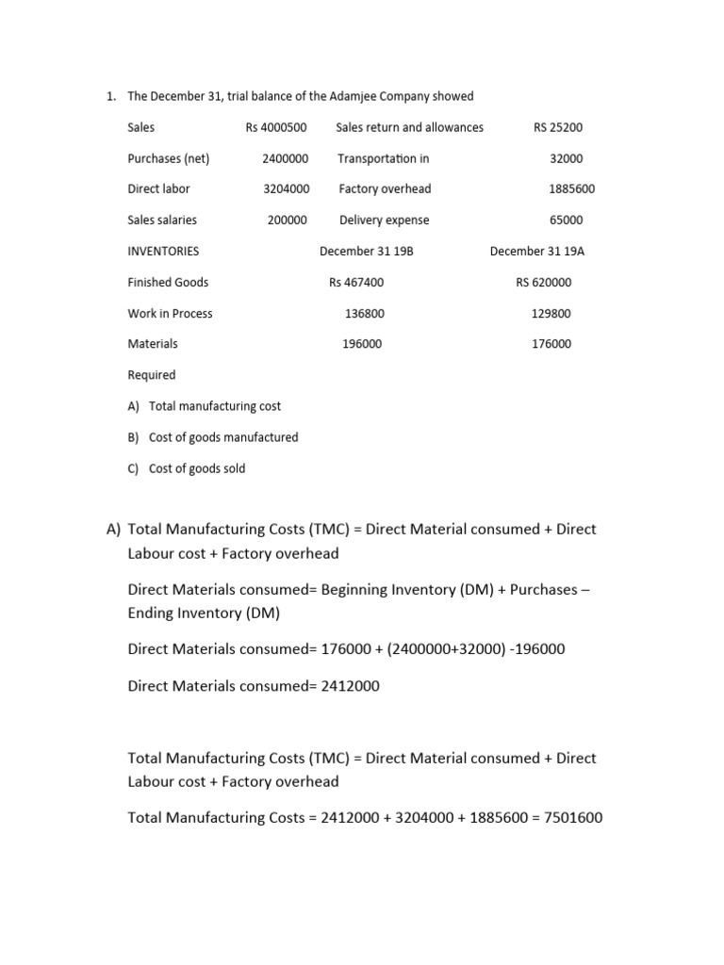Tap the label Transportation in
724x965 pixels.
383,158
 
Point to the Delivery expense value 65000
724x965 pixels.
566,221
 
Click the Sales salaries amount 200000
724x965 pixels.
287,221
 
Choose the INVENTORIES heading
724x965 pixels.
163,252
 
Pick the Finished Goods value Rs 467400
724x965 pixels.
356,283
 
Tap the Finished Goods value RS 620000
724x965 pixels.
543,283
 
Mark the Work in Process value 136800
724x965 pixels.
364,314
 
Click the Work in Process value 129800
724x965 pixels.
551,314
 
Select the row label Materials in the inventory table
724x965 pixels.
153,344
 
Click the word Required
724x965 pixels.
152,375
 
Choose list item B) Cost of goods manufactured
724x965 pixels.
212,437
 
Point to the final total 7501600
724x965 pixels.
569,818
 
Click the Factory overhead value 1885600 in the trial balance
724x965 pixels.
571,189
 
